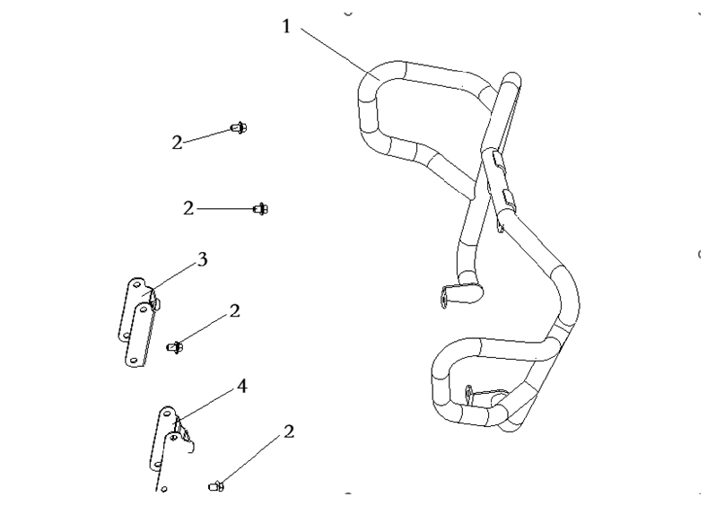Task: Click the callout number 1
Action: click(287, 27)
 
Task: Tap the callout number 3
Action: click(202, 260)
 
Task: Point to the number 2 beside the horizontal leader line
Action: click(188, 208)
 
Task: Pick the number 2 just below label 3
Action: click(234, 311)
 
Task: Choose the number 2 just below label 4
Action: click(288, 431)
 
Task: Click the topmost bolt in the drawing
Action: click(239, 128)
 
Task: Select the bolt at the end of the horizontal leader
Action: click(260, 209)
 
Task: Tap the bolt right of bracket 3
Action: click(176, 345)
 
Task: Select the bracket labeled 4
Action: click(169, 444)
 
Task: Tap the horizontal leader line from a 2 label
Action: click(224, 208)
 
